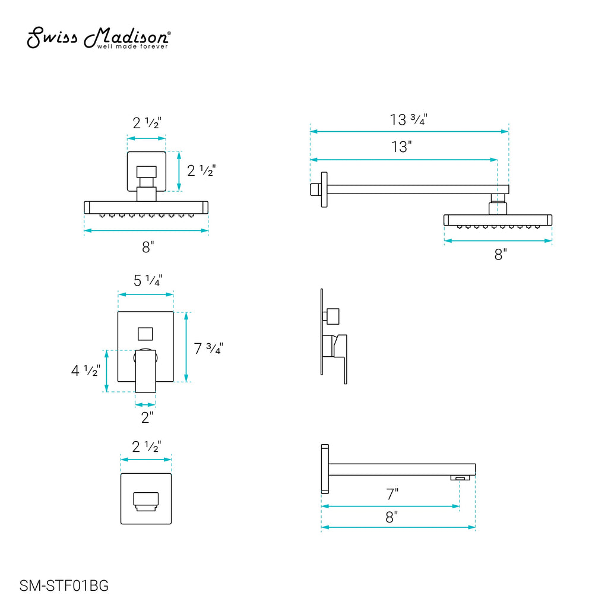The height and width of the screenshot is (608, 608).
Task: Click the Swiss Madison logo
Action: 98,38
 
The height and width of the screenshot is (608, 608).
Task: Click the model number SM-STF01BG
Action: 64,585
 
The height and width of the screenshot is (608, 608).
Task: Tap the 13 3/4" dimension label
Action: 408,119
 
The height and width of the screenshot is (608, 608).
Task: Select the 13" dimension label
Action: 401,147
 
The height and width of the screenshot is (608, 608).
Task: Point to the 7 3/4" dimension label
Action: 208,348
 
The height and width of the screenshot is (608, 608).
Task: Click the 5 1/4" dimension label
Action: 148,280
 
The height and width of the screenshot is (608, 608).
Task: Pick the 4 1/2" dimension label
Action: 85,370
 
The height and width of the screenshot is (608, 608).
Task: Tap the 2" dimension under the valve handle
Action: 147,417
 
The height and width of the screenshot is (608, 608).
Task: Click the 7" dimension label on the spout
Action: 392,494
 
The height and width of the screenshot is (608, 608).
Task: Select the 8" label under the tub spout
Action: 392,517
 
